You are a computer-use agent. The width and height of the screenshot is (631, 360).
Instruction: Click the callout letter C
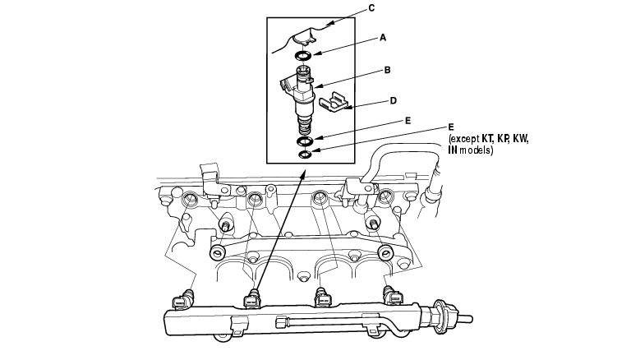click(372, 7)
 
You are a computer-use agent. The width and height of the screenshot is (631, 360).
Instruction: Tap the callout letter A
click(382, 37)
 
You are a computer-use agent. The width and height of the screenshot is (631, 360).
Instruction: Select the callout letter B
click(387, 71)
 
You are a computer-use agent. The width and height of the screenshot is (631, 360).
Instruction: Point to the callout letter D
click(394, 101)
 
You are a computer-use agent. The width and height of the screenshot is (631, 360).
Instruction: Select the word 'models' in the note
click(477, 151)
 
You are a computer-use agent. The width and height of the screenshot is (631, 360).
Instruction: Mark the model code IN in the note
click(454, 151)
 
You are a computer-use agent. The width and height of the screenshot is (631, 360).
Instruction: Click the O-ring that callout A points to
click(302, 56)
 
